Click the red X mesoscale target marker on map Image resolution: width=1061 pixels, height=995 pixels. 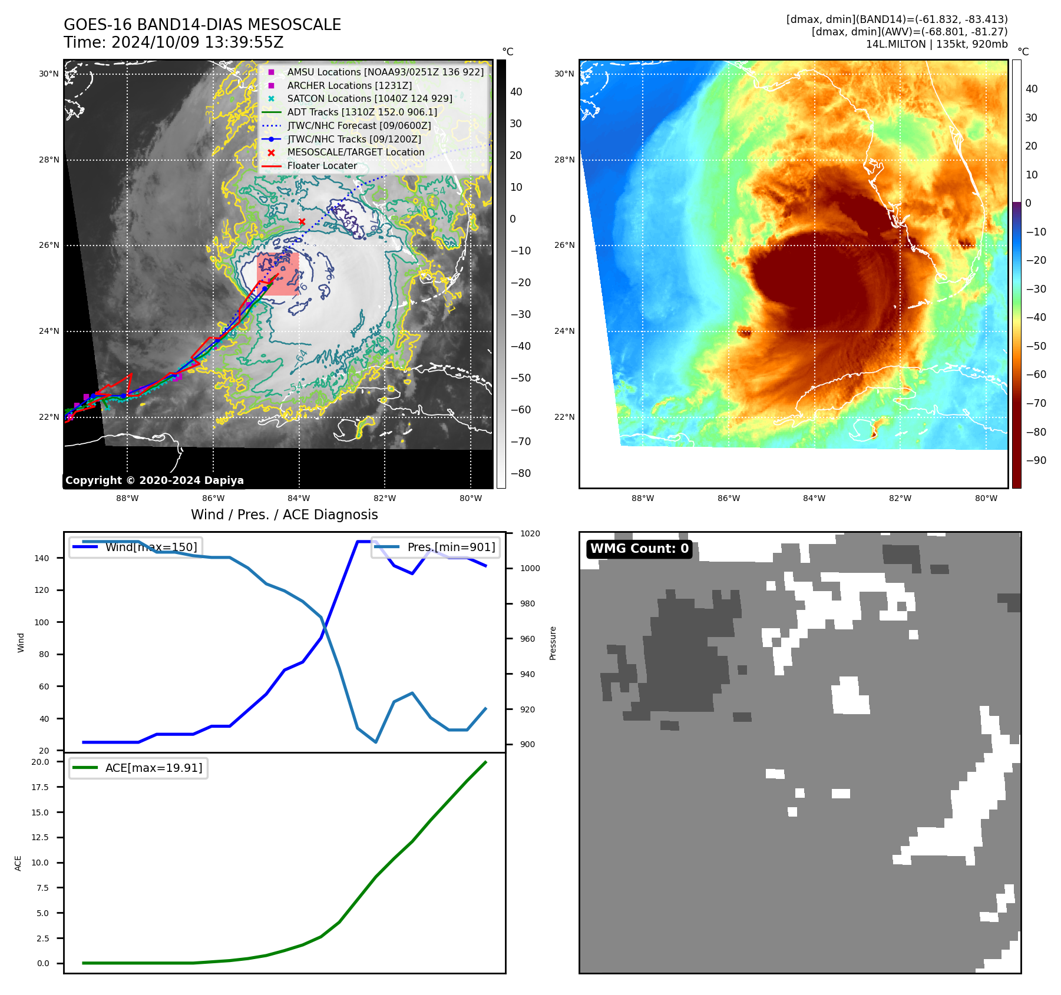302,222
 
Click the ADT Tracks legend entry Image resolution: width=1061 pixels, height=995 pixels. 362,112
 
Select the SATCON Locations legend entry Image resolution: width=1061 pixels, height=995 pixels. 369,99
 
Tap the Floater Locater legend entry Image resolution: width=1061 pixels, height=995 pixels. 322,166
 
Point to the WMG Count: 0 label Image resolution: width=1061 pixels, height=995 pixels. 639,549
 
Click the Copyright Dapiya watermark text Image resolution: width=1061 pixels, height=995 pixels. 154,480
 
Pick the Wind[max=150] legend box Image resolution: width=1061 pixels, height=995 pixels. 136,547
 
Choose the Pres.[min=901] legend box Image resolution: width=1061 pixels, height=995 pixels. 436,547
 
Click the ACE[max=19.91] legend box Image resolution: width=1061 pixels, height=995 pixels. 138,768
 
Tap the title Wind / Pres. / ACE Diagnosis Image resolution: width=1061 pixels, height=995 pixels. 285,515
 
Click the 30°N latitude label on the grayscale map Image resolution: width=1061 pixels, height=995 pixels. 49,74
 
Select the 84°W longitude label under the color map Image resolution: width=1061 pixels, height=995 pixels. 814,499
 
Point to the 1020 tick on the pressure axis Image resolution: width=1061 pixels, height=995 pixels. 530,533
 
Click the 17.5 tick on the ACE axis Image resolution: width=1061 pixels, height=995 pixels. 40,787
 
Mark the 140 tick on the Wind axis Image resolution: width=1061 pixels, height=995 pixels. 42,558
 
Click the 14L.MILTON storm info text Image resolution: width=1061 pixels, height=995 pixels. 937,44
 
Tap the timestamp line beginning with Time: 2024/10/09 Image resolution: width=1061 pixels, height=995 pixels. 174,43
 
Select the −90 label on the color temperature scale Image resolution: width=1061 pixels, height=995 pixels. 1036,460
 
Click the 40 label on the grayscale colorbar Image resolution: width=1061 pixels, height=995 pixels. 516,92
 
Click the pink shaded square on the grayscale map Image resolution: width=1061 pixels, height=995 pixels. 278,274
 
